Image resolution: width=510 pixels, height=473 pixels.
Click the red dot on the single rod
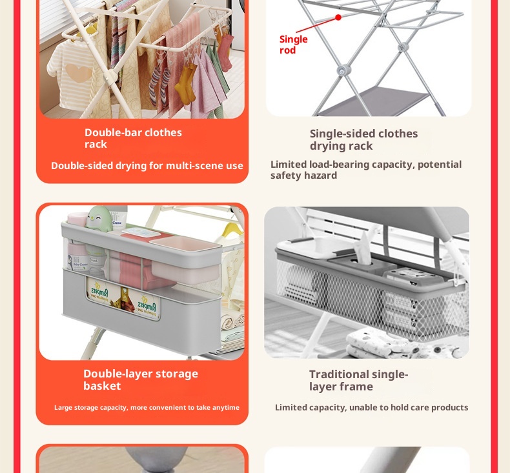(338, 17)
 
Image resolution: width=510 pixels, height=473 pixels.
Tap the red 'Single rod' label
(293, 45)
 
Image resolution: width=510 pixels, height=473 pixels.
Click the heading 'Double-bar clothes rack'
(133, 138)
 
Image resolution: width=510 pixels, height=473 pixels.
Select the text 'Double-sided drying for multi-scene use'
(147, 166)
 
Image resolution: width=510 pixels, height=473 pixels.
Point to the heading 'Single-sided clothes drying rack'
(363, 139)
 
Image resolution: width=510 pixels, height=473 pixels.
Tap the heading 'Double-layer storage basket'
(140, 379)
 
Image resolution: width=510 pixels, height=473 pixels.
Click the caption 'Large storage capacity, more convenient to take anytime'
(147, 407)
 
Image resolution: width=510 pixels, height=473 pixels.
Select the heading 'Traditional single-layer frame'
(358, 380)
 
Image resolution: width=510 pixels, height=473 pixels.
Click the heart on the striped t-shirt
(79, 73)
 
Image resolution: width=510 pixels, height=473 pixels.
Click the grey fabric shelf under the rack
(387, 100)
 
